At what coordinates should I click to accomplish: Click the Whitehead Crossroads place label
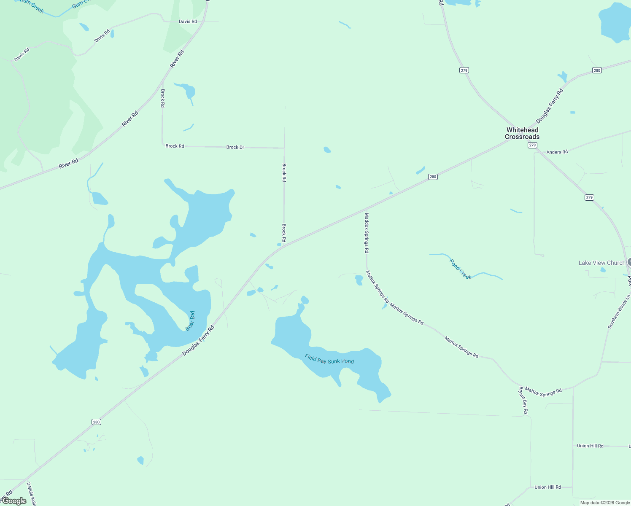[x=522, y=133]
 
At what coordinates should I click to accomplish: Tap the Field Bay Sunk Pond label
[x=329, y=359]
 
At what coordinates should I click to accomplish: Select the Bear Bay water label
[x=191, y=320]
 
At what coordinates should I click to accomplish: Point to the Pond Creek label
[x=460, y=269]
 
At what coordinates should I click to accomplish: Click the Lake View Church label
[x=602, y=263]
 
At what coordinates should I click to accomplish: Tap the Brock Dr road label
[x=235, y=147]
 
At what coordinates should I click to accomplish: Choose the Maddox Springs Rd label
[x=367, y=233]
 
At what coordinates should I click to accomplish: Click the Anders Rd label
[x=557, y=152]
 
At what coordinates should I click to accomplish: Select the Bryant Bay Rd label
[x=523, y=400]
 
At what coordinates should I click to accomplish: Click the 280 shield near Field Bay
[x=433, y=177]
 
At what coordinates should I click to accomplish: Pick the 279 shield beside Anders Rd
[x=532, y=145]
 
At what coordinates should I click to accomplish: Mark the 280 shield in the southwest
[x=96, y=422]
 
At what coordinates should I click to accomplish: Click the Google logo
[x=15, y=501]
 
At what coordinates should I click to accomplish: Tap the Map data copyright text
[x=605, y=503]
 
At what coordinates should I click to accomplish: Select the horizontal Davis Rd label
[x=188, y=22]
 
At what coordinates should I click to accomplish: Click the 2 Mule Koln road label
[x=31, y=494]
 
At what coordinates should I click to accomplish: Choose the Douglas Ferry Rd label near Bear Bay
[x=198, y=340]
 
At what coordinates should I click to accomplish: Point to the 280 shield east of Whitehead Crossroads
[x=597, y=70]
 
